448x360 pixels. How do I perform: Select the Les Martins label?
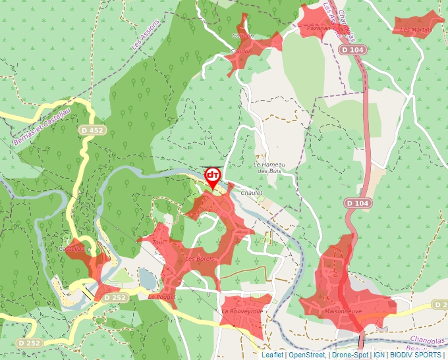[416, 30]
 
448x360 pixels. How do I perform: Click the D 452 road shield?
[92, 130]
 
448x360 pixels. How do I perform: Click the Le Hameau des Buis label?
[268, 167]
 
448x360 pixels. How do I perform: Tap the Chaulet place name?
[251, 193]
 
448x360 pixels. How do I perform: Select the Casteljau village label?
[72, 249]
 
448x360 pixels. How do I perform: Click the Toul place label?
[157, 242]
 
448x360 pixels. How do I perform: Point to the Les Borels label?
[199, 259]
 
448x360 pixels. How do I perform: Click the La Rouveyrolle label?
[242, 311]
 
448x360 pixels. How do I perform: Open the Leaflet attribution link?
[271, 355]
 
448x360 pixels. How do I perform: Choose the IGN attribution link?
[379, 355]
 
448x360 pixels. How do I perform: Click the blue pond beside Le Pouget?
[146, 279]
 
